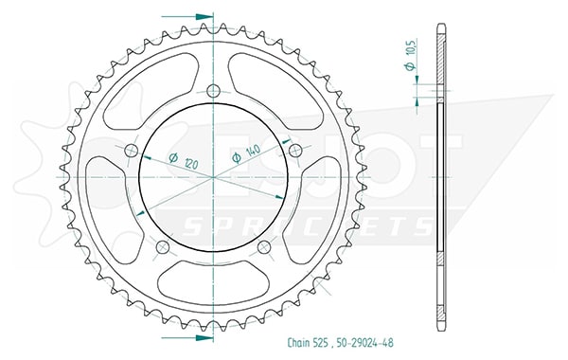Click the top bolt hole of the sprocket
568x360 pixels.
(x=214, y=91)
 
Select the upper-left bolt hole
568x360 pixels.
(x=132, y=151)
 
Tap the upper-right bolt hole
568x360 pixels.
(x=296, y=150)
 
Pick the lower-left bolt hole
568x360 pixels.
(x=163, y=247)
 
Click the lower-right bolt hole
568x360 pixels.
(x=264, y=247)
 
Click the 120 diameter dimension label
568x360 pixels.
(x=184, y=161)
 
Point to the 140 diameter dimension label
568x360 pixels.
(x=246, y=153)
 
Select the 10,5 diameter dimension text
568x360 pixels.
(x=411, y=54)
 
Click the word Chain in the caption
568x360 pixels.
(x=299, y=342)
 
